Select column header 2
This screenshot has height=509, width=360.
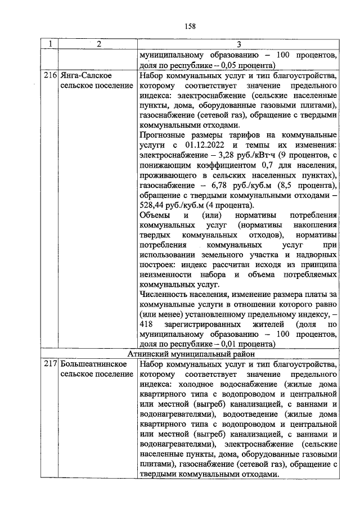[96, 45]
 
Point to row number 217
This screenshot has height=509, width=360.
[51, 364]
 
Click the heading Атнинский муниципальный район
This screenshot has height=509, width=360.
[191, 354]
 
